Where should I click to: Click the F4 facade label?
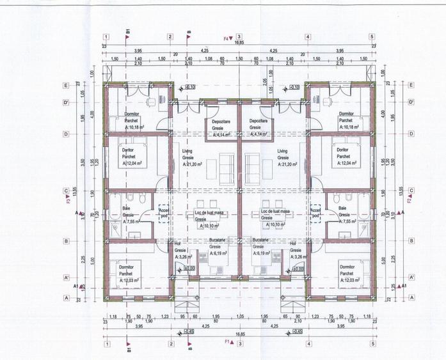tap(226, 38)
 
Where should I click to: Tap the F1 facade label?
tap(227, 341)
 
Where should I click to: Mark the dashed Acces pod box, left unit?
tap(163, 214)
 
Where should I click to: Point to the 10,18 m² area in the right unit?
tap(347, 127)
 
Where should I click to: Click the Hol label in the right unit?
tap(292, 244)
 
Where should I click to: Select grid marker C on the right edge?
tap(411, 191)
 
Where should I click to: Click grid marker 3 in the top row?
tap(238, 37)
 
